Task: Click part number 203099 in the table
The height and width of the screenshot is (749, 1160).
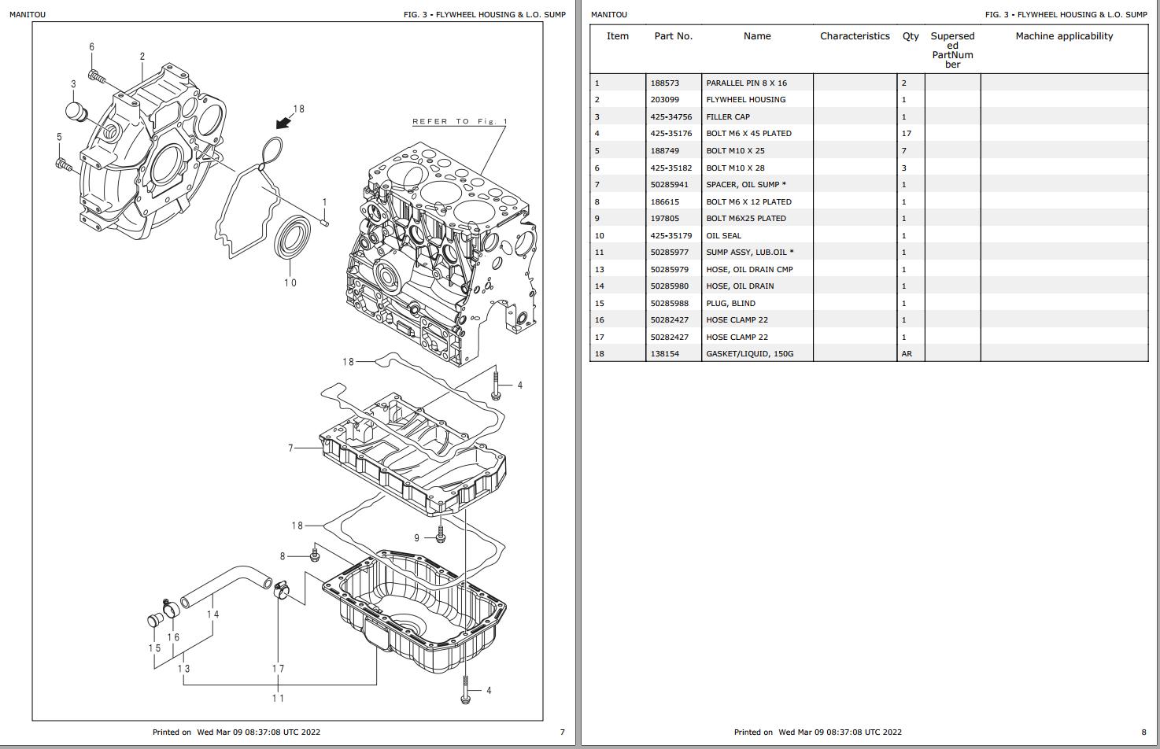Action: click(x=664, y=100)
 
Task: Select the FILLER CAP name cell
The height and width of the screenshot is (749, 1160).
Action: click(x=728, y=117)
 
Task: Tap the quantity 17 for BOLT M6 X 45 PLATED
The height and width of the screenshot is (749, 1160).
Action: click(x=907, y=134)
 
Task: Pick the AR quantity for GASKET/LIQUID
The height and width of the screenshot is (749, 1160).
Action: click(x=907, y=354)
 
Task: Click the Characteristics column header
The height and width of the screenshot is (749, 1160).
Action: click(x=855, y=36)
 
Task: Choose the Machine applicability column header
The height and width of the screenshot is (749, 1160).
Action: click(x=1064, y=36)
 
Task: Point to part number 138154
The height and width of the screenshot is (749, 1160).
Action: click(x=664, y=354)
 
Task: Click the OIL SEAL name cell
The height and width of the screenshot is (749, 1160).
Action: click(x=723, y=236)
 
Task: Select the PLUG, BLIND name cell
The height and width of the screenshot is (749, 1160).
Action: click(x=730, y=304)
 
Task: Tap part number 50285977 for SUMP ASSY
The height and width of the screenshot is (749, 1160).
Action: click(x=669, y=253)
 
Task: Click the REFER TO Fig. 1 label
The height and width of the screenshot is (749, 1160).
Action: click(x=460, y=122)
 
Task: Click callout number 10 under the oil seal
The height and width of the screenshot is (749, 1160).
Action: click(x=290, y=282)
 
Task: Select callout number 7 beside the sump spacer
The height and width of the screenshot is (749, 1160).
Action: click(x=290, y=448)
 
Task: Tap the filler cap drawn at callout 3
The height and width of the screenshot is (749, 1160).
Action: click(x=76, y=112)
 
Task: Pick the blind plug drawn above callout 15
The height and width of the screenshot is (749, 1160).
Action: click(x=155, y=620)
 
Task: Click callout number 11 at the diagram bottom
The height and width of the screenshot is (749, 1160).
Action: click(x=278, y=698)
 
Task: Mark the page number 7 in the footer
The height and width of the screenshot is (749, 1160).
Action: click(x=562, y=732)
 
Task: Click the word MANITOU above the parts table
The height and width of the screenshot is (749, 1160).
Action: click(x=608, y=15)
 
